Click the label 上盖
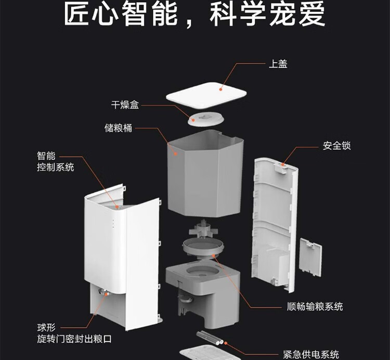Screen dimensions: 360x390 click(x=278, y=64)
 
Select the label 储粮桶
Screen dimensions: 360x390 click(x=119, y=127)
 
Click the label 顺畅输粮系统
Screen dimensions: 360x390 click(x=315, y=306)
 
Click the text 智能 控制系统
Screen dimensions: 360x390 click(x=55, y=162)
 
